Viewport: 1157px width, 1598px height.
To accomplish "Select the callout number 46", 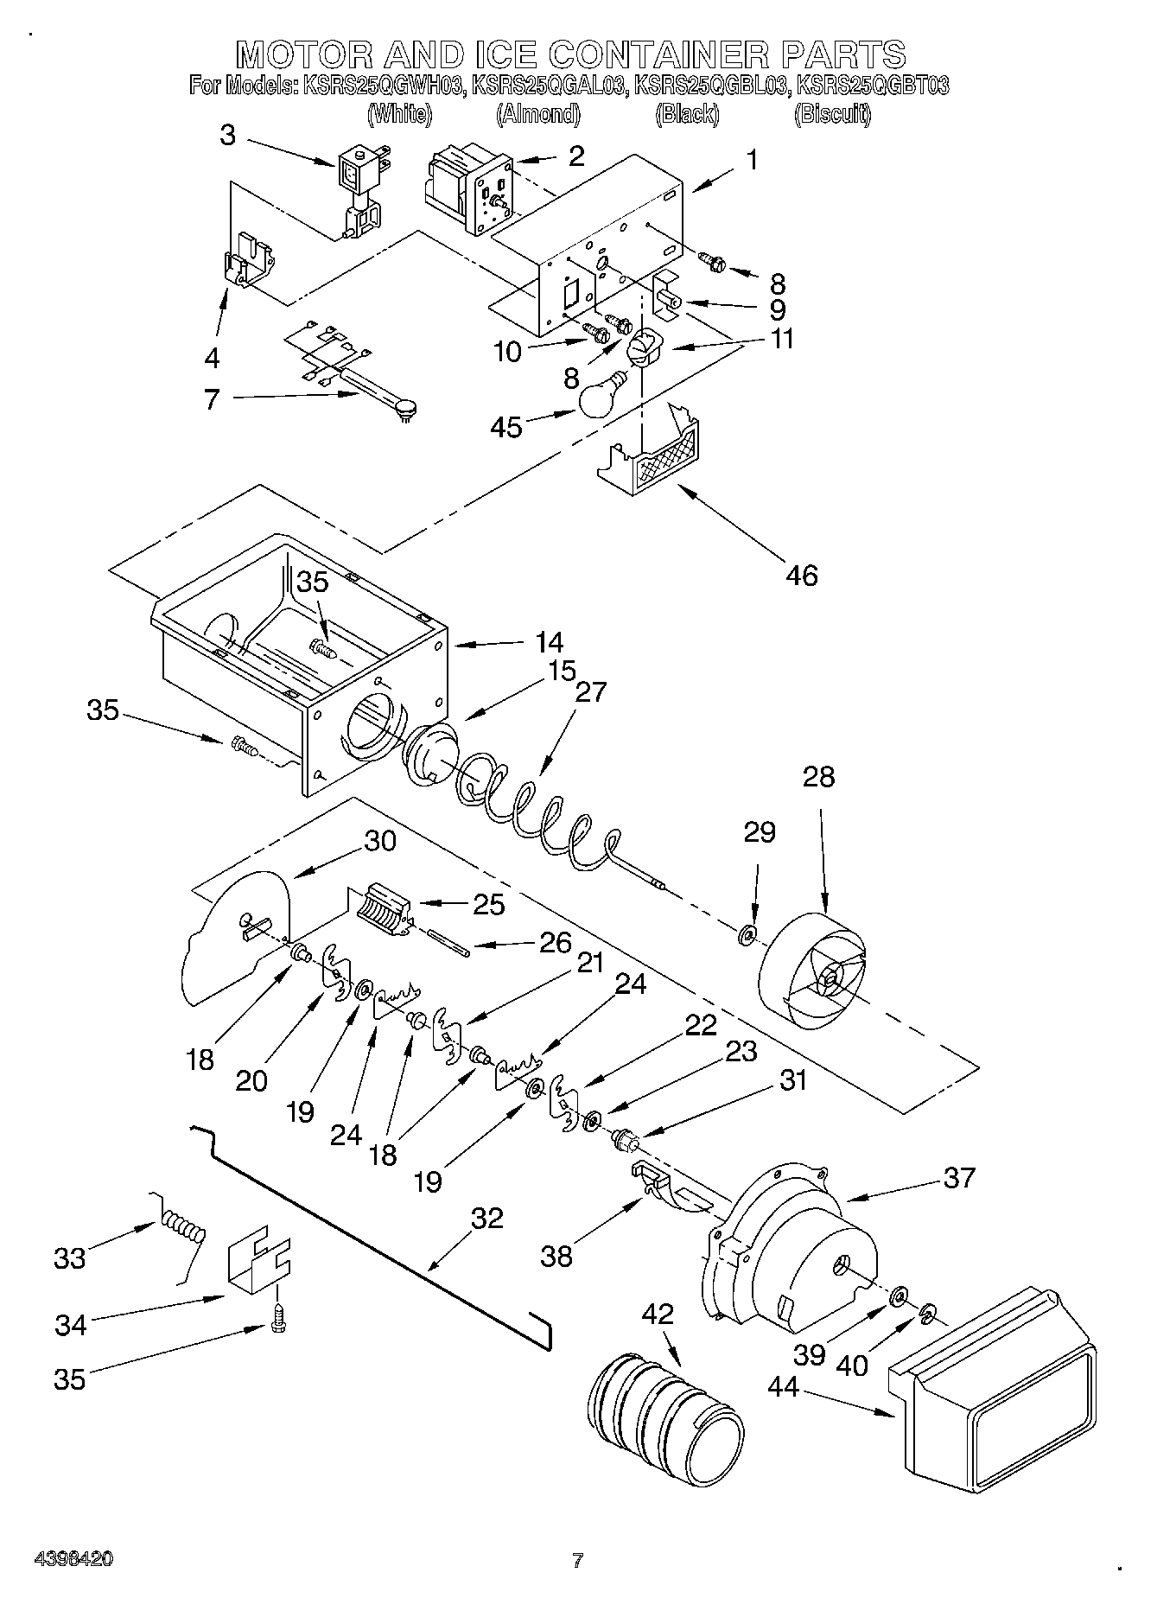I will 801,575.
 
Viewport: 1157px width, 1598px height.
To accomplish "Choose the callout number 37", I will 959,1177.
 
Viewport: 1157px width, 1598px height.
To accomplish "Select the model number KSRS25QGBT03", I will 873,86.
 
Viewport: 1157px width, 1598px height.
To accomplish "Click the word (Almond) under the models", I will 537,113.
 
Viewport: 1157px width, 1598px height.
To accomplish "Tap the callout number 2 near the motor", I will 575,156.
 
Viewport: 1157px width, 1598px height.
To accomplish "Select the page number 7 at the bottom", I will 577,1560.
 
